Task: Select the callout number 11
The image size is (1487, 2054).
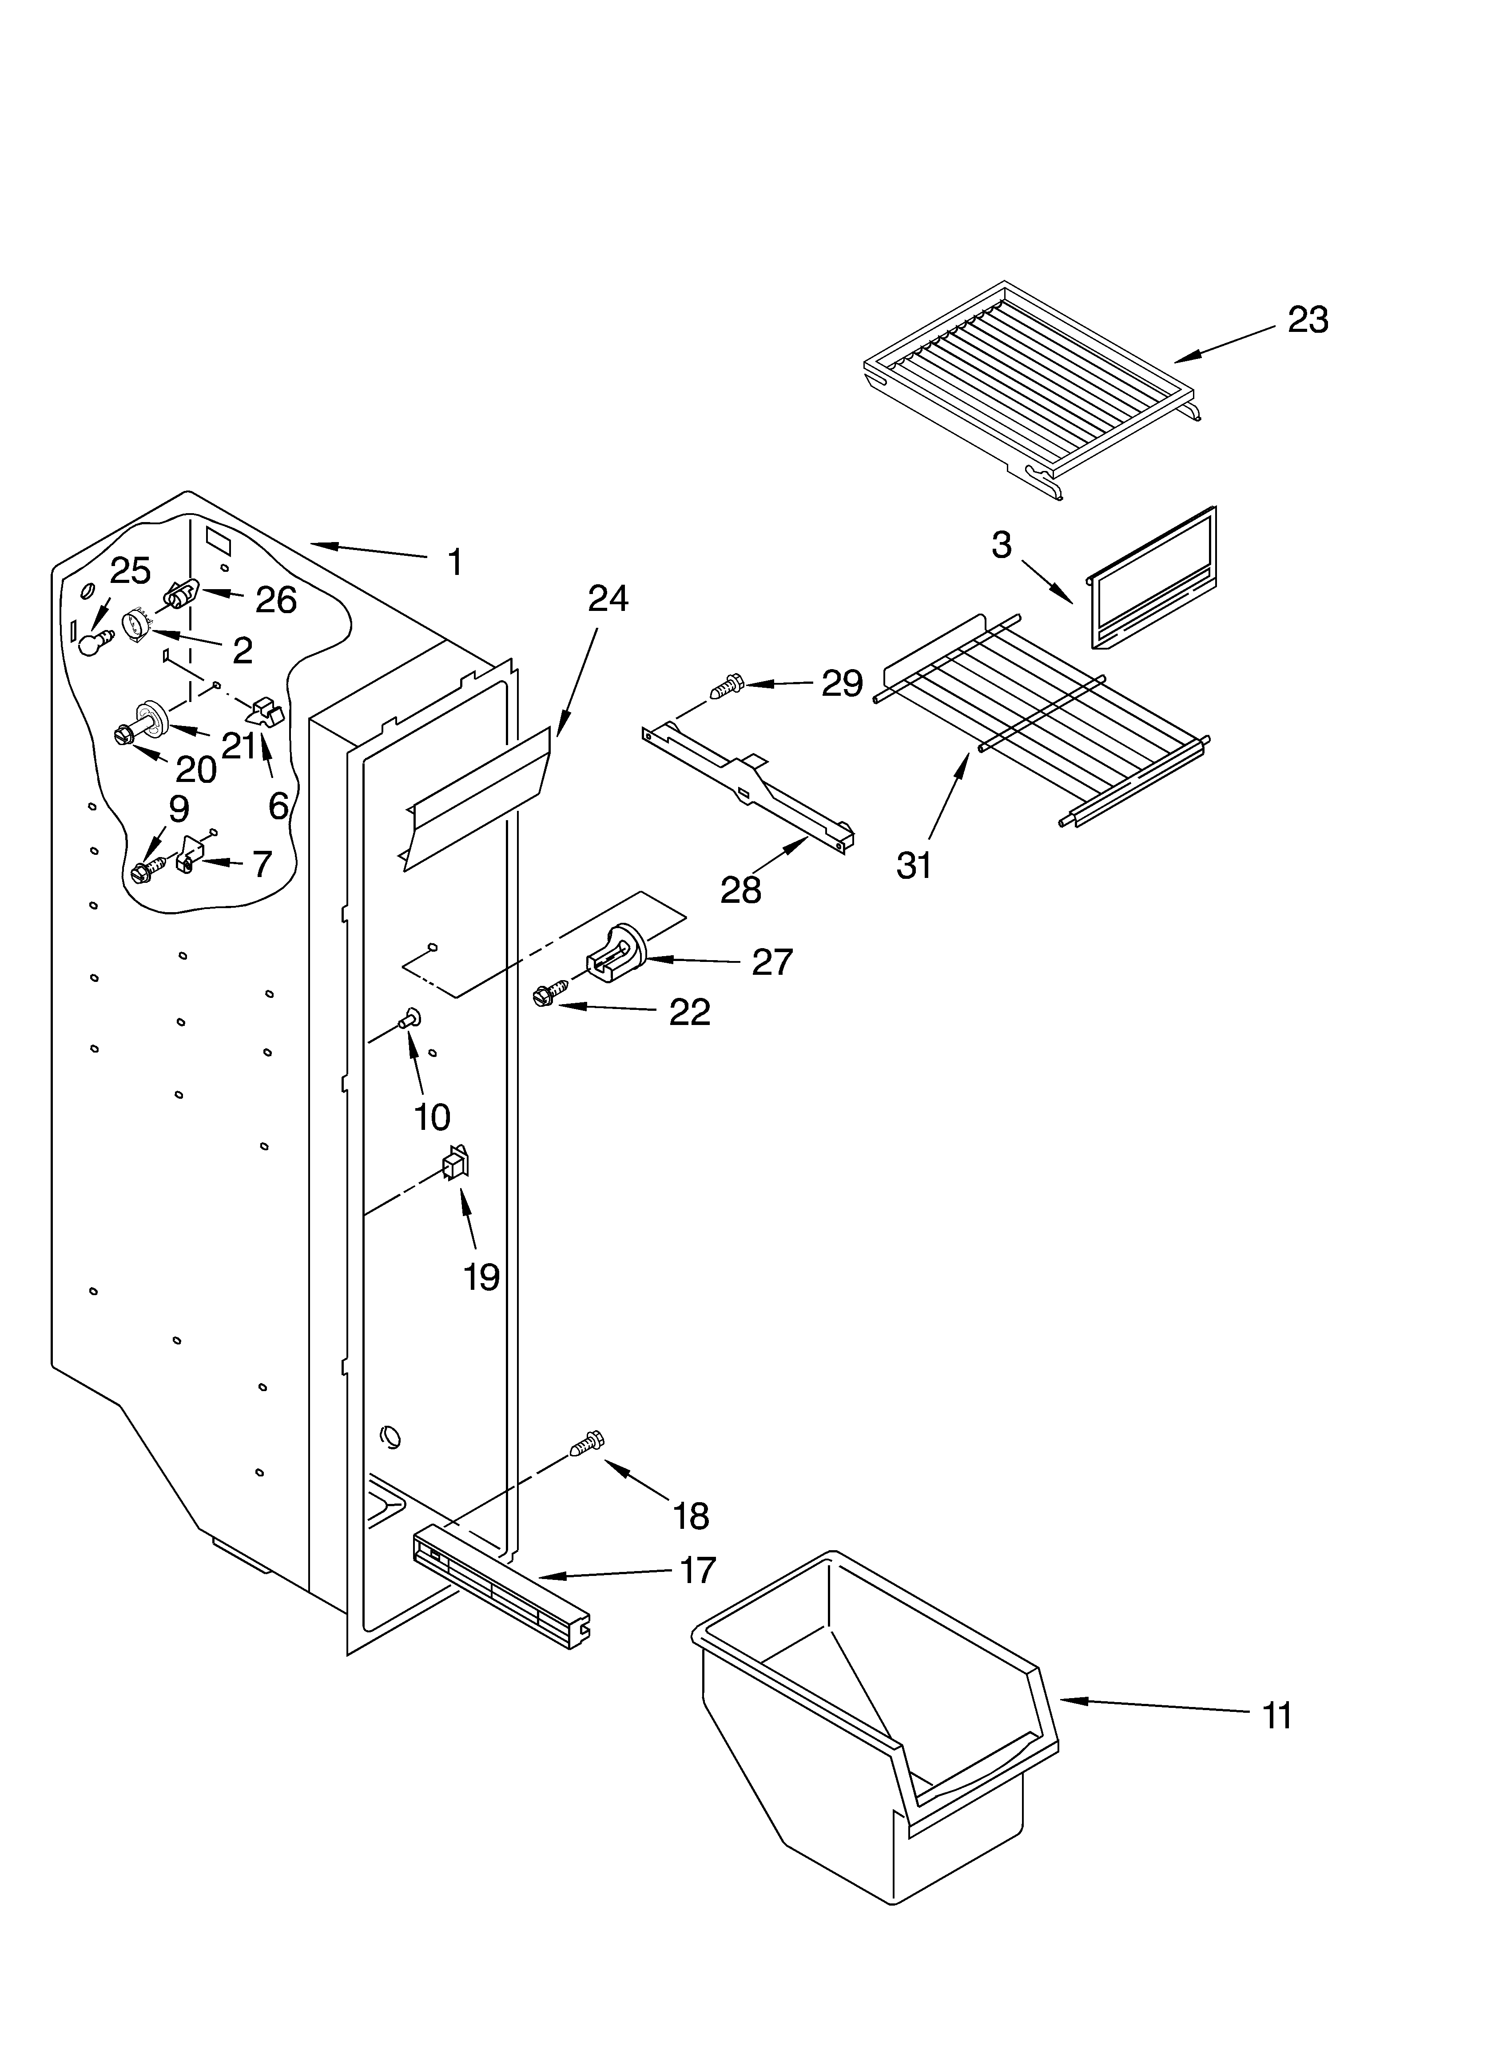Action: [x=1277, y=1715]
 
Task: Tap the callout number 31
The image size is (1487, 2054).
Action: [x=914, y=866]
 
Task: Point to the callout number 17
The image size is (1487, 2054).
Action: [x=697, y=1569]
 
